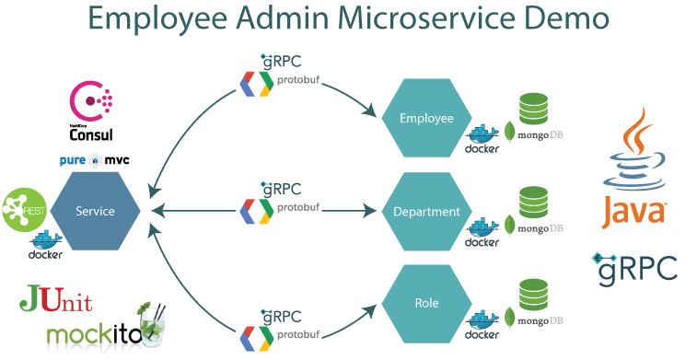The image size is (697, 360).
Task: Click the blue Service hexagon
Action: (x=96, y=211)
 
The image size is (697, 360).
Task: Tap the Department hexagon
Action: (x=426, y=212)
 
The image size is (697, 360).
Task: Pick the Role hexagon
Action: (x=426, y=303)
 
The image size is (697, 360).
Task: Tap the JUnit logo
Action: (x=55, y=300)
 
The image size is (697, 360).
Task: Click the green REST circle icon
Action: (x=23, y=210)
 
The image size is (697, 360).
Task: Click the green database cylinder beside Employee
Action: (x=535, y=110)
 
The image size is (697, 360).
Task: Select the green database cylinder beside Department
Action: (x=535, y=203)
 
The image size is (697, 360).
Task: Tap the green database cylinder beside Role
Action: (x=535, y=295)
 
